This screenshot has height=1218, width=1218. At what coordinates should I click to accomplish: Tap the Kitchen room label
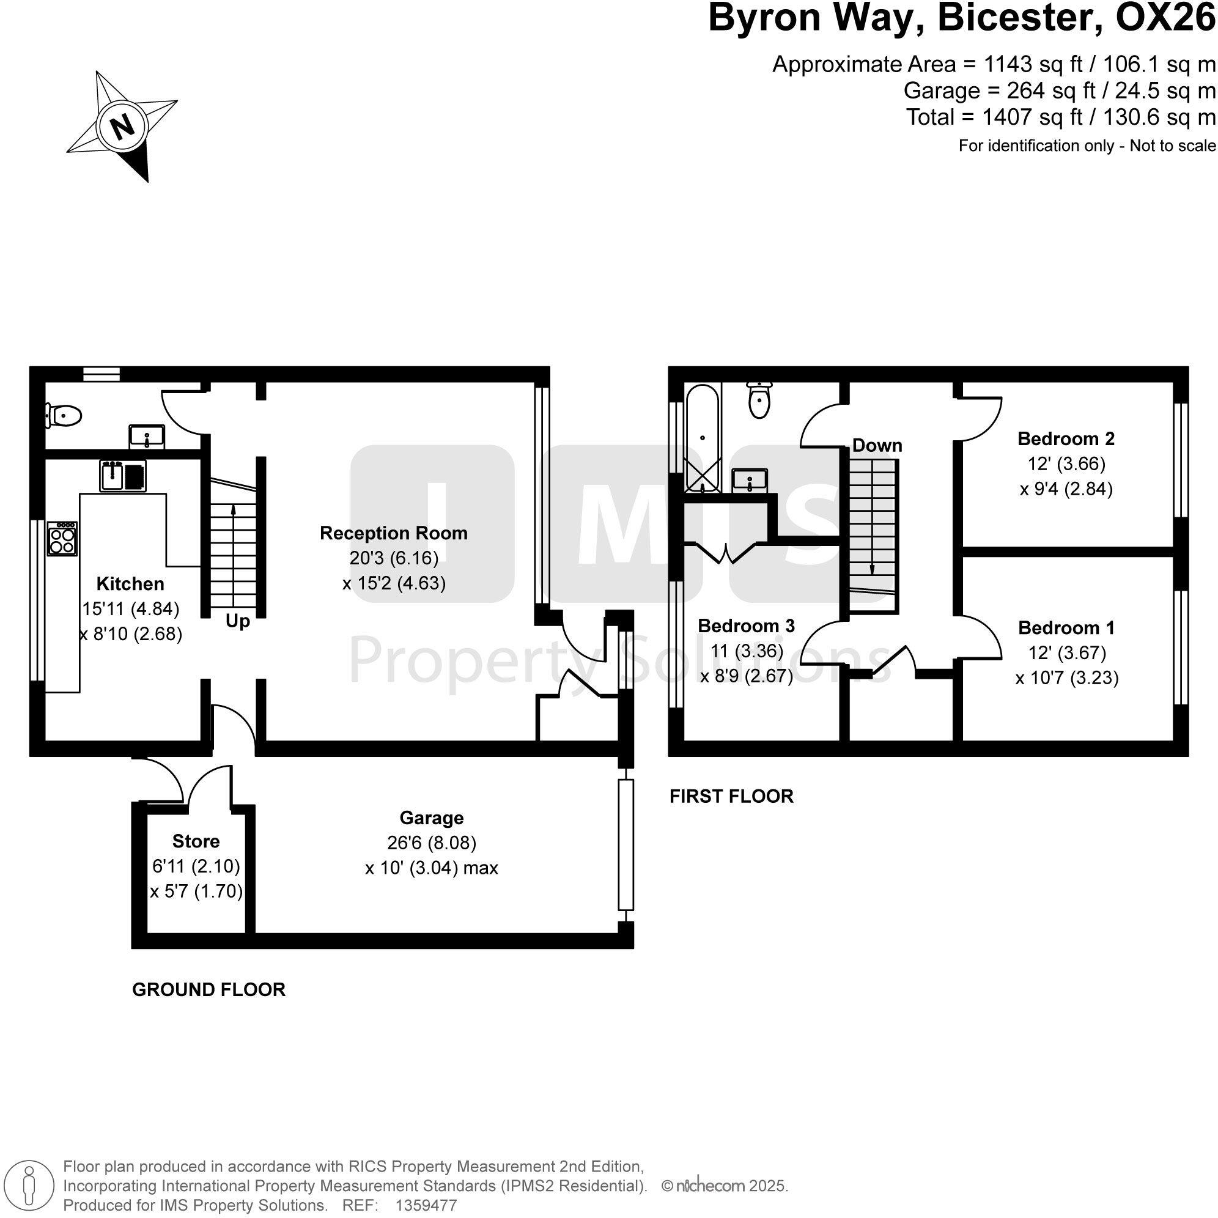(x=130, y=584)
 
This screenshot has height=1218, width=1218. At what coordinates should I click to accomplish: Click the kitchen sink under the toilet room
(x=123, y=475)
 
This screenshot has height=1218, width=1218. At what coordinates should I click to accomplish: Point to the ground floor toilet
(x=64, y=416)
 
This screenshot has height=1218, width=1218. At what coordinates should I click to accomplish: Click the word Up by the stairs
(x=238, y=622)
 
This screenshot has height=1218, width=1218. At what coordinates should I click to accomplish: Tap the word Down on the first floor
(x=877, y=446)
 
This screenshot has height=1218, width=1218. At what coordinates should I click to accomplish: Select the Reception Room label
(x=393, y=533)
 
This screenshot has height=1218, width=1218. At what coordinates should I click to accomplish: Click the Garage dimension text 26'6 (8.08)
(x=431, y=843)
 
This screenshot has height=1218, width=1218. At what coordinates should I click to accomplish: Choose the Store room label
(x=196, y=841)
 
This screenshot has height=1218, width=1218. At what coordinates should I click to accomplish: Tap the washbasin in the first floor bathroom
(x=749, y=480)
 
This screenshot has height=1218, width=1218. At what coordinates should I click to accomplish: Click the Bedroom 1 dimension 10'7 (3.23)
(x=1067, y=678)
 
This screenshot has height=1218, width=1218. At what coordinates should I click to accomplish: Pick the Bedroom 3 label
(x=746, y=626)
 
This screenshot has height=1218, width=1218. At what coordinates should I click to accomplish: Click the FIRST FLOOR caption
(x=731, y=796)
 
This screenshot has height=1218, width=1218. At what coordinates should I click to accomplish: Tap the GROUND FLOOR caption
(x=209, y=989)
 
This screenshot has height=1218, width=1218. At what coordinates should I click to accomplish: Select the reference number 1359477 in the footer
(x=426, y=1205)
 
